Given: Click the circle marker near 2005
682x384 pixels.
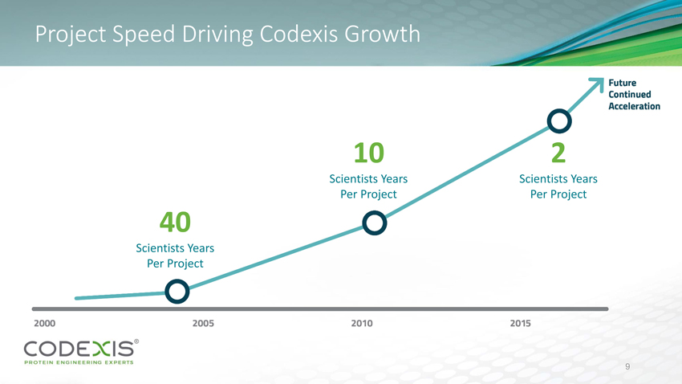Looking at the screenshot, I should (177, 290).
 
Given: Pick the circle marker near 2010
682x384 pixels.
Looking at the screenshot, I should (375, 223).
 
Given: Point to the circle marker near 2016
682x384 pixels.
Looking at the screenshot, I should (559, 121).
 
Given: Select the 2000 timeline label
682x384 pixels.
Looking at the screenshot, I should (45, 323).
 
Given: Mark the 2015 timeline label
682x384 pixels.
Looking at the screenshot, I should (521, 323).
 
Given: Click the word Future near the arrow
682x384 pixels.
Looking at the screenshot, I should (623, 83).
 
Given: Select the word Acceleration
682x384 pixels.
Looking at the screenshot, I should (634, 105).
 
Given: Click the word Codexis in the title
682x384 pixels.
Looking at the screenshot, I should (301, 35).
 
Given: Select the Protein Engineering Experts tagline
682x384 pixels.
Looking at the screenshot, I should (79, 363).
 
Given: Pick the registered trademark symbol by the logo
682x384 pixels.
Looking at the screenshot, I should (136, 341).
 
